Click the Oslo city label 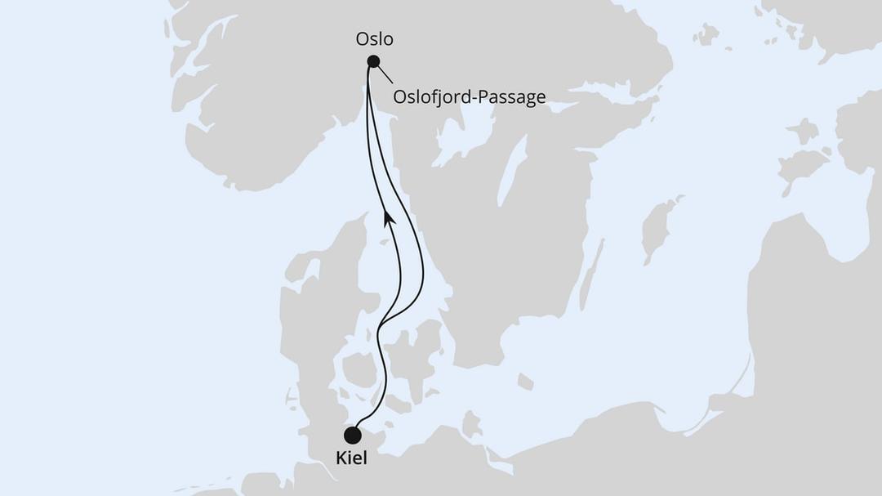pyautogui.click(x=375, y=39)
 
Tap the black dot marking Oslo pyautogui.click(x=373, y=61)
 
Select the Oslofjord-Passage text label pyautogui.click(x=469, y=98)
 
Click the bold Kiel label pyautogui.click(x=352, y=458)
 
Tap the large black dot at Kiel pyautogui.click(x=353, y=436)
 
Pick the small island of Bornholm pyautogui.click(x=525, y=382)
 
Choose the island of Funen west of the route pyautogui.click(x=357, y=369)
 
